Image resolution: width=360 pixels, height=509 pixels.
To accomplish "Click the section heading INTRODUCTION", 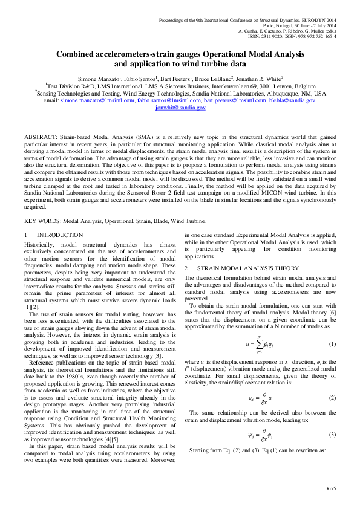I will coord(60,235).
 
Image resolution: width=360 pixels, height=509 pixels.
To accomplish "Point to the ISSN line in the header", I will coord(296,36).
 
